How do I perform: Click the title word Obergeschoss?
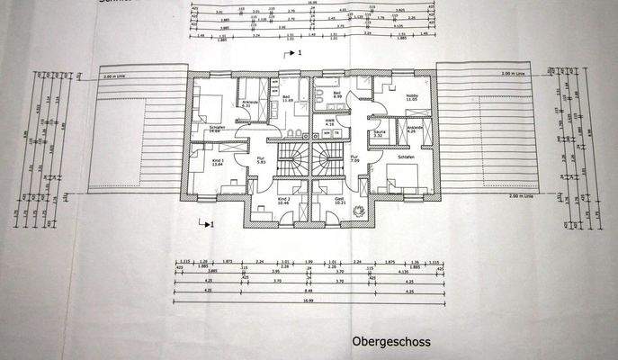click(x=391, y=341)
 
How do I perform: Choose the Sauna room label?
click(x=379, y=133)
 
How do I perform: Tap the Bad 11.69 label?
click(x=287, y=97)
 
